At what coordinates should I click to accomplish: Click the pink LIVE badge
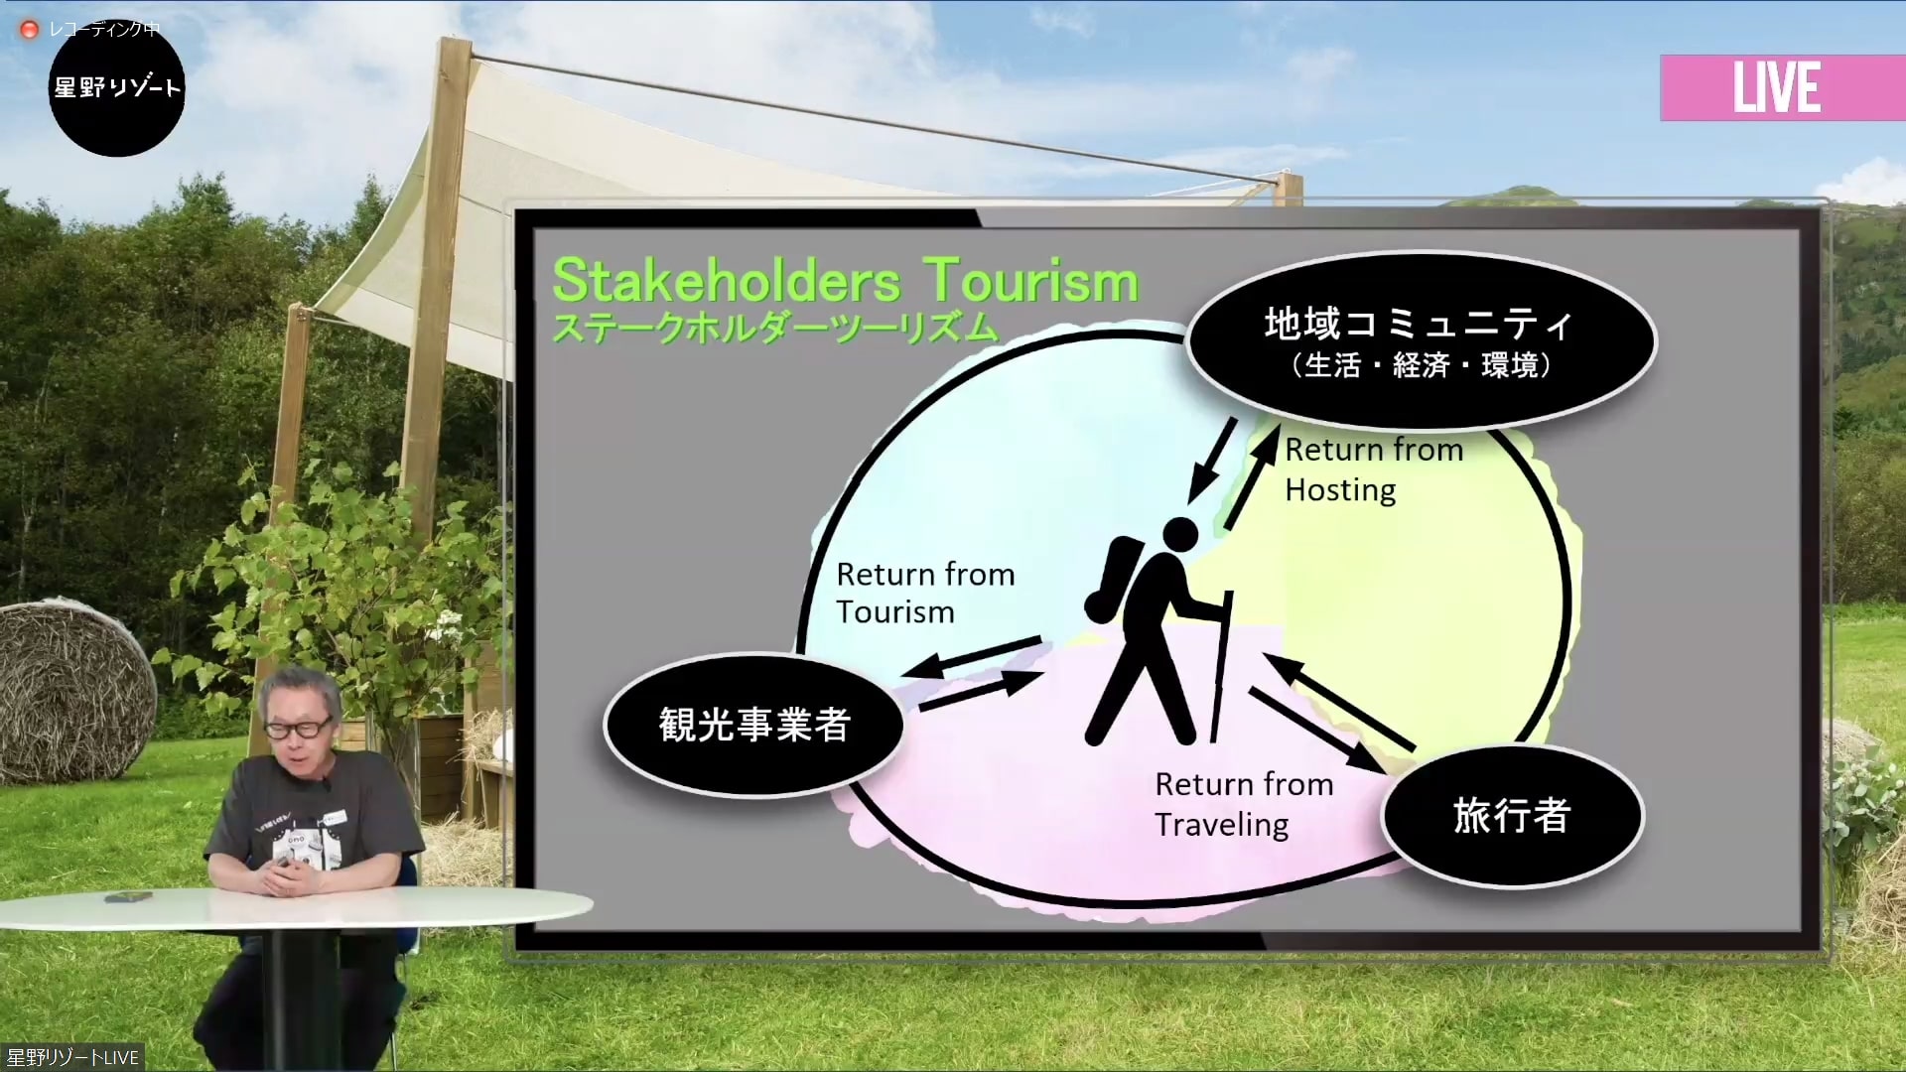[1783, 87]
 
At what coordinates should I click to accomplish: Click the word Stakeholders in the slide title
[727, 280]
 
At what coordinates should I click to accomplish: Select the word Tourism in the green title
[1032, 280]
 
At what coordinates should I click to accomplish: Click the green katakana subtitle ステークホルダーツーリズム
[774, 328]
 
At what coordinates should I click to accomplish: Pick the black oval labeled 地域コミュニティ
[1422, 340]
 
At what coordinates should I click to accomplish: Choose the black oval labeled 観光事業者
[754, 725]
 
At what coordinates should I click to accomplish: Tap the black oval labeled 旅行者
[1513, 816]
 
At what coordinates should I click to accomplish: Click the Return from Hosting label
[1374, 469]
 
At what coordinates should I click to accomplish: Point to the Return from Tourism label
[925, 593]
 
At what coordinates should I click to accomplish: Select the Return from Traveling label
[1244, 804]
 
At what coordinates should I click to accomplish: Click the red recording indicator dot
[30, 30]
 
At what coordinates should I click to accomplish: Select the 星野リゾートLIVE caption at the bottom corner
[72, 1057]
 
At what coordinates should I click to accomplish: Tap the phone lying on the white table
[128, 897]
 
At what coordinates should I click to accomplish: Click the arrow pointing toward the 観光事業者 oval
[973, 657]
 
